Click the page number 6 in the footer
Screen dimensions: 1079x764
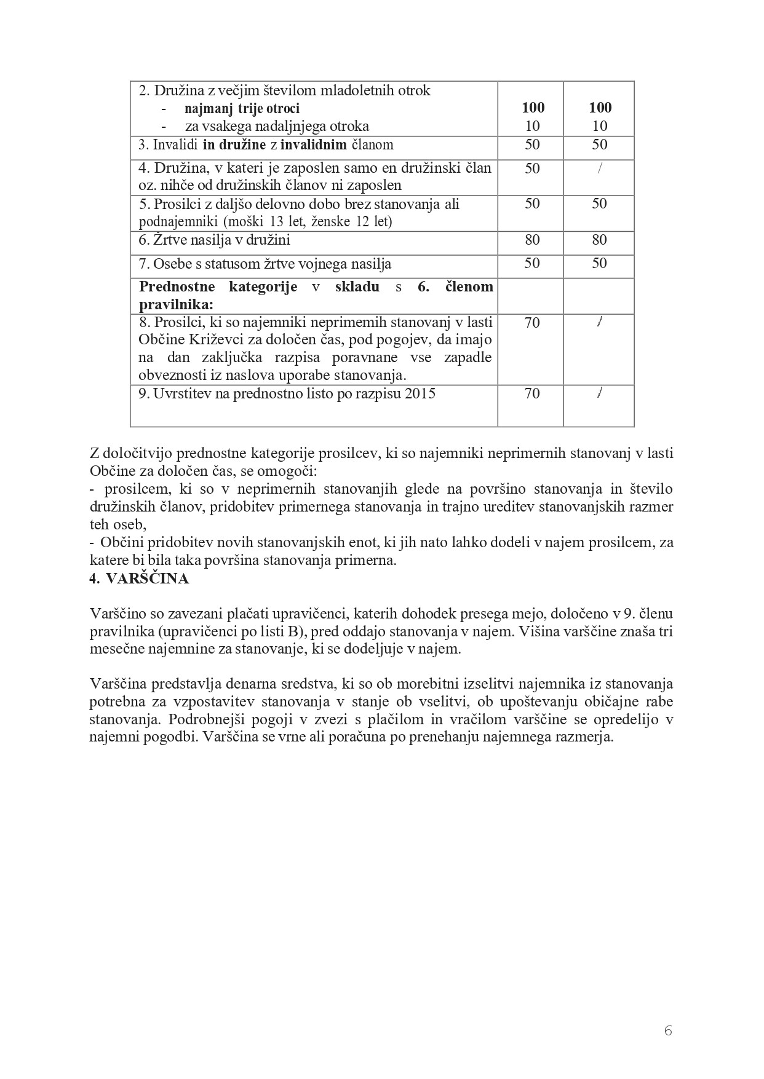(x=668, y=1031)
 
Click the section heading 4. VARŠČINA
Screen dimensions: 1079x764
(x=140, y=579)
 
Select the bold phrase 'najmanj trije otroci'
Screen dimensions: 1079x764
(x=242, y=109)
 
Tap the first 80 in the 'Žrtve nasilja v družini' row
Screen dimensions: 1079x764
(x=533, y=240)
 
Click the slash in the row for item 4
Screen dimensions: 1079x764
(x=599, y=168)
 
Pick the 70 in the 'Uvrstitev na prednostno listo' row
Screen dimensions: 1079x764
(x=532, y=393)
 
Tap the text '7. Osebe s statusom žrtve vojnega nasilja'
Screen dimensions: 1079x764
(x=265, y=264)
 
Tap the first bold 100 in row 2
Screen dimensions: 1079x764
(x=533, y=108)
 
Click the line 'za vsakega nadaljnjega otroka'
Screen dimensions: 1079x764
(x=277, y=127)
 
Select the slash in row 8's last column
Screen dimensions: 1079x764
(x=599, y=323)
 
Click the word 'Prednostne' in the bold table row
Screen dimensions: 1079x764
(x=177, y=287)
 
